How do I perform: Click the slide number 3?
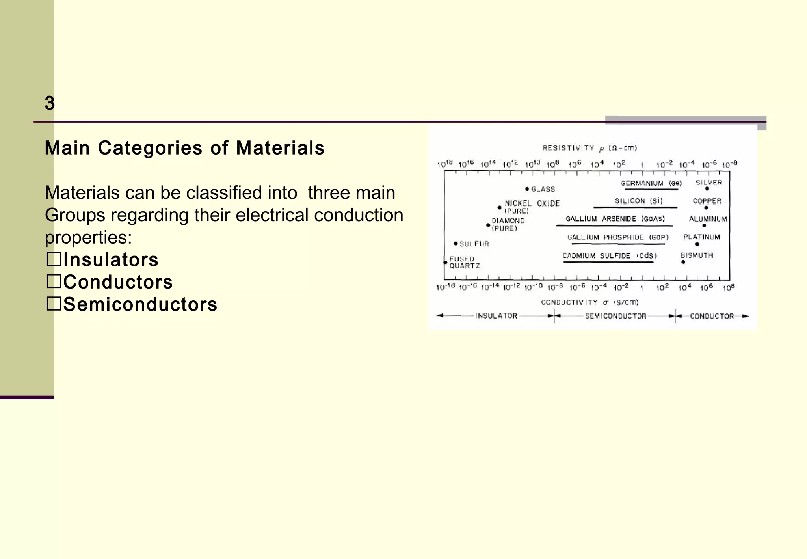(x=50, y=103)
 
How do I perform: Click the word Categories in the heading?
(x=150, y=148)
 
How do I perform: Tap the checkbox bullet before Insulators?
(x=54, y=259)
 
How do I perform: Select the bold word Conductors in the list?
(x=118, y=282)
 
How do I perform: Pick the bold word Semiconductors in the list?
(x=140, y=304)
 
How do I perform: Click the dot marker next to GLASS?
(x=527, y=189)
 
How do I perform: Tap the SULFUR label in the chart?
(x=474, y=244)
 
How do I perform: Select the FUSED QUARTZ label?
(x=464, y=263)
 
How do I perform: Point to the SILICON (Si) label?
(x=638, y=201)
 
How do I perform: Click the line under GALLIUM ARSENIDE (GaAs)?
(x=614, y=226)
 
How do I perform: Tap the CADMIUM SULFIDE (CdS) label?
(x=609, y=256)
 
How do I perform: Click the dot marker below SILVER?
(x=707, y=189)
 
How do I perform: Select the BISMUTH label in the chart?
(x=697, y=255)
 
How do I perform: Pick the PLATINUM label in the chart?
(x=701, y=237)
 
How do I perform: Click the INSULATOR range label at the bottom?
(x=496, y=316)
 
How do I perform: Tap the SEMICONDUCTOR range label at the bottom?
(x=615, y=316)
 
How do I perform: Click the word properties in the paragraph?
(x=87, y=237)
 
